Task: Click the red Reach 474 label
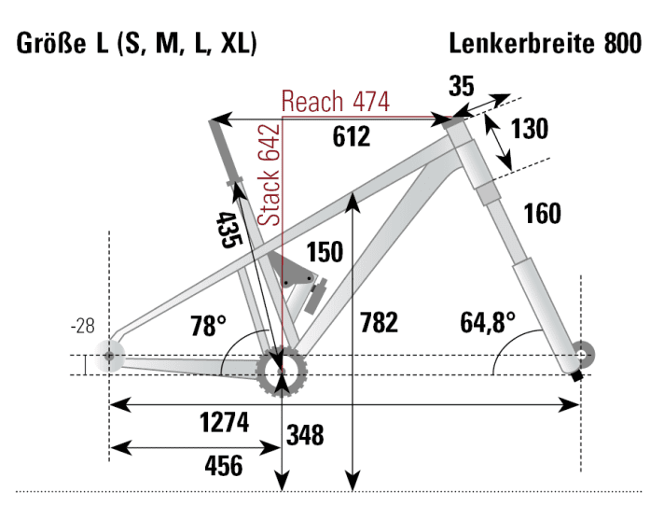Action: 335,101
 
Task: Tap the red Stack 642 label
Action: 270,175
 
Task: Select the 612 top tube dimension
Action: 352,136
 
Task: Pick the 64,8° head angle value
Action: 488,324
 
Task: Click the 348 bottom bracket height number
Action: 305,435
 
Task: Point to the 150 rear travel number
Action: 325,252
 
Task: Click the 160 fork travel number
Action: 542,214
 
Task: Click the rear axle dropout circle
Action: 111,356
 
